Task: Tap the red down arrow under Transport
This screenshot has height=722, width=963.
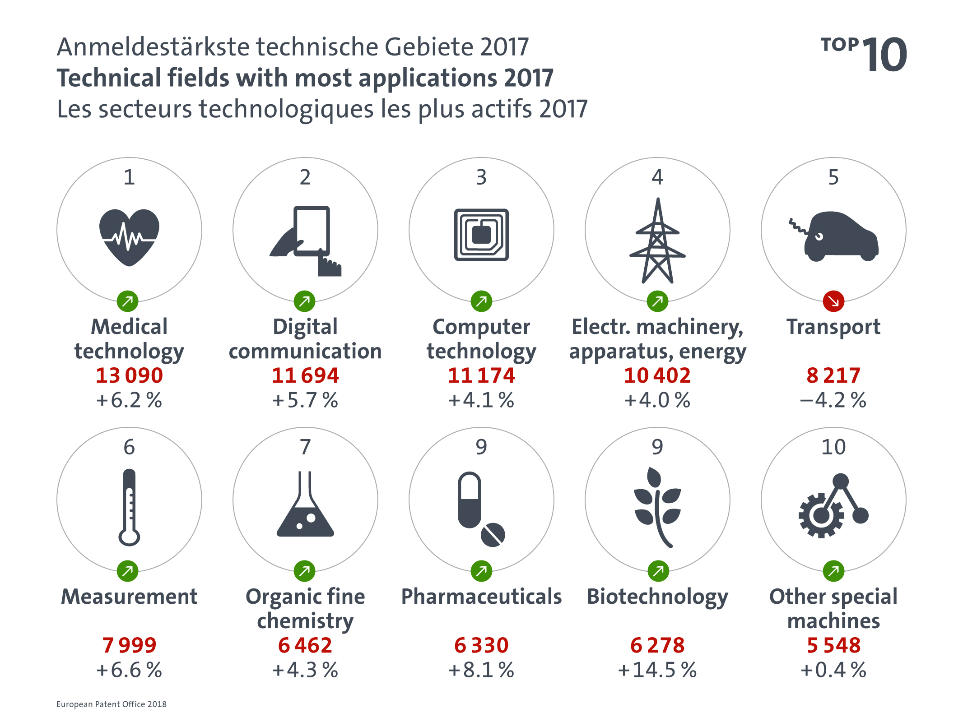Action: pos(833,301)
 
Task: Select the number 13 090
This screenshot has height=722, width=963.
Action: pos(129,375)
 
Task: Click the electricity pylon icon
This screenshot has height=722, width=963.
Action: pos(657,241)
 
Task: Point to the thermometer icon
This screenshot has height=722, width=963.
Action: pos(129,507)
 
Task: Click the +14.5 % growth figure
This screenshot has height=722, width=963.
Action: pos(657,670)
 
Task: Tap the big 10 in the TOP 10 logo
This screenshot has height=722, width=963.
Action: pos(885,55)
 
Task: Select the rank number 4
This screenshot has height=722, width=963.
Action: pos(657,177)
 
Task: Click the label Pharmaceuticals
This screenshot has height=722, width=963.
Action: pos(481,597)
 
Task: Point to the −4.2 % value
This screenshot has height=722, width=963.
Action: pos(833,400)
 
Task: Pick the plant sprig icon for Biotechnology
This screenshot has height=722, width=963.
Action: pos(657,507)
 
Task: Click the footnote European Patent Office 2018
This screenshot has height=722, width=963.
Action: pos(112,704)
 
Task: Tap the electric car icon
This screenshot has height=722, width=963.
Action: pos(840,236)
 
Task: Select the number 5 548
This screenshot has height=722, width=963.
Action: pos(833,645)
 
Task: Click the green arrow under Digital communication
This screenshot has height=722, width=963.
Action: pos(305,301)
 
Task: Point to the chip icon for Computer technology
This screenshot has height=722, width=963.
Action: pos(481,235)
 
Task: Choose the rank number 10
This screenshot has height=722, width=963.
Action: pos(833,447)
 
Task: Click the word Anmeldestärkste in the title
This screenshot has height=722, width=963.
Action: pos(153,47)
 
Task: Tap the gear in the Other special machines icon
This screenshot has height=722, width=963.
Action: pos(820,516)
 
